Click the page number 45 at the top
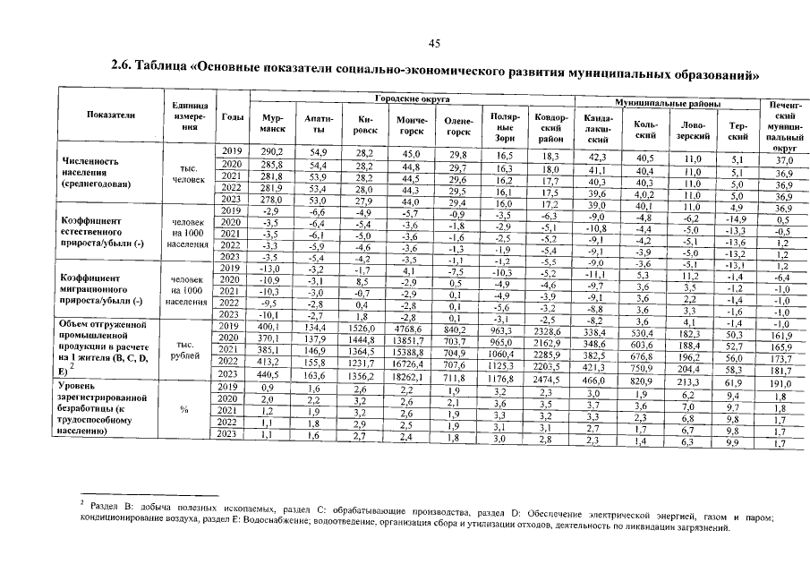435,43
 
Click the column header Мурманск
272,124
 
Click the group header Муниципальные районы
664,104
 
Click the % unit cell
184,410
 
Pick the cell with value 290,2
272,153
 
